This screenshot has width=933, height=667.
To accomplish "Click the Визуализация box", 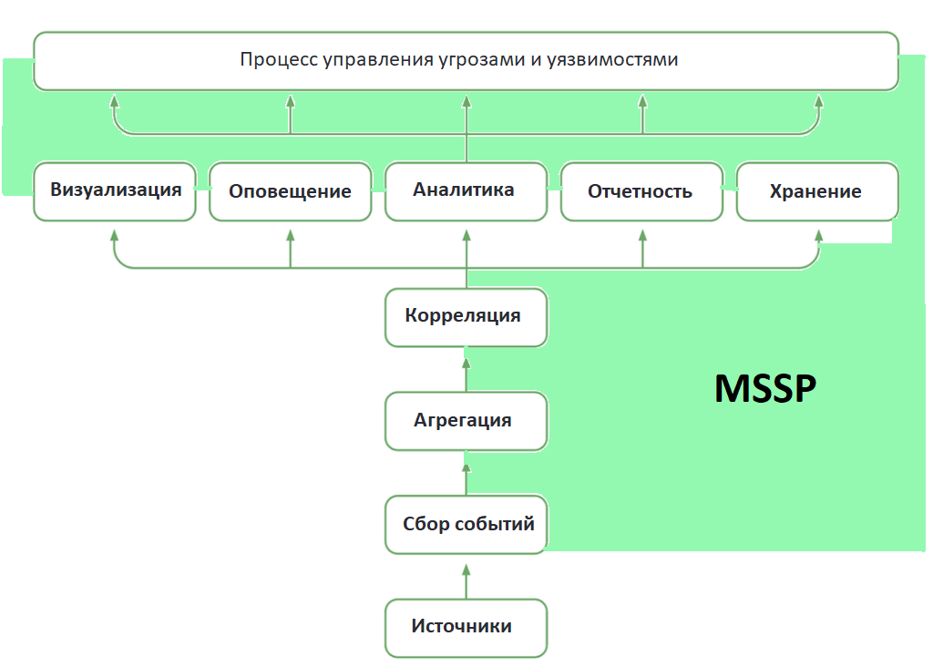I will click(115, 191).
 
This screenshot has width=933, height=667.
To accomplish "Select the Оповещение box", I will click(290, 192).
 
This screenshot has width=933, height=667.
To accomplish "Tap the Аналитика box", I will click(466, 191).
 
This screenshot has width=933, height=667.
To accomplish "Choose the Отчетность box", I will click(641, 192).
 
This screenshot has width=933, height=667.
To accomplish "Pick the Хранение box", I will click(816, 192).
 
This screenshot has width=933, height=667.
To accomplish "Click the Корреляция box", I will click(466, 317).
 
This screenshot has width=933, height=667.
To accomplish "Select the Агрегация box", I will click(466, 421).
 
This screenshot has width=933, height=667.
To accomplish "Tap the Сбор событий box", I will click(466, 525).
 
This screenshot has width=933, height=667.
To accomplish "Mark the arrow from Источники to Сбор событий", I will click(466, 580).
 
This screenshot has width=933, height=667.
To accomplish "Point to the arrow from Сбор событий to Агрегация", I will click(466, 476).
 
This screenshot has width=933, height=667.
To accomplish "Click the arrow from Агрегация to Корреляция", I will click(466, 372).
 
